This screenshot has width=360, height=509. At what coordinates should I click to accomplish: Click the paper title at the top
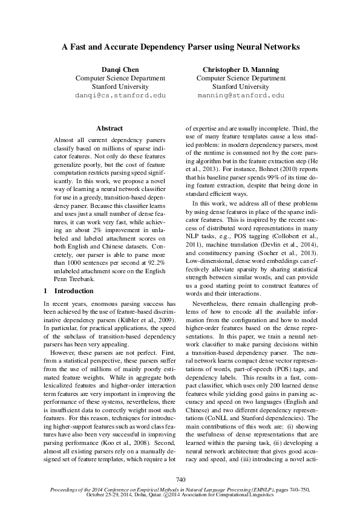click(x=180, y=47)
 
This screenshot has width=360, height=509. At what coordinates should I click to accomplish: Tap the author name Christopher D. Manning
click(x=241, y=70)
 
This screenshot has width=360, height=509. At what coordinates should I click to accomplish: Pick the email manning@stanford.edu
click(x=241, y=96)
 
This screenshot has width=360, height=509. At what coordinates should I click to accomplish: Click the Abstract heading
click(x=110, y=128)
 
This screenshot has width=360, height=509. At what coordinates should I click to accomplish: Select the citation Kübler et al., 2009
click(x=148, y=319)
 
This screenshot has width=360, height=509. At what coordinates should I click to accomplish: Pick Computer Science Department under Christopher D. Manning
click(x=241, y=78)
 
